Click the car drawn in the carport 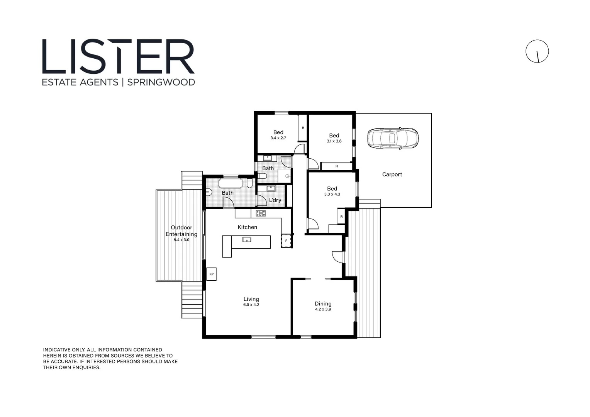[x=393, y=138]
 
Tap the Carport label [x=392, y=175]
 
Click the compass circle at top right [x=537, y=51]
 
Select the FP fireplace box [x=211, y=274]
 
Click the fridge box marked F [x=286, y=241]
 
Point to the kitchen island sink [x=246, y=240]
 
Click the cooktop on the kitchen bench [x=261, y=213]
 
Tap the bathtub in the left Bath [x=231, y=183]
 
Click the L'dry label [x=275, y=200]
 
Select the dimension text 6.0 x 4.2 [x=251, y=305]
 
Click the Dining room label [x=323, y=303]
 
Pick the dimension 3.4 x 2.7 [x=278, y=138]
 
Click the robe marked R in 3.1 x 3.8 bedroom [x=336, y=166]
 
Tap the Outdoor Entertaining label [x=181, y=231]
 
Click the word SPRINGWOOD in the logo [x=161, y=82]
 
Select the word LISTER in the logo [x=118, y=56]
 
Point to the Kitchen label [x=247, y=227]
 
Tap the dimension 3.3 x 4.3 [x=332, y=195]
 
